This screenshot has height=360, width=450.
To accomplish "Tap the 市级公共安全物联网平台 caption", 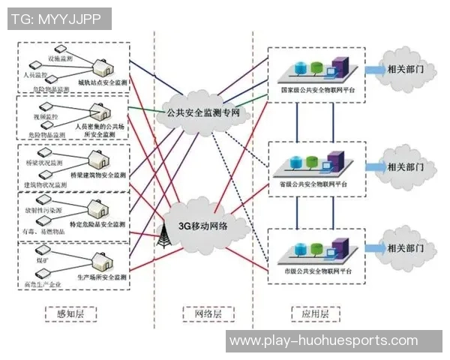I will (316, 268).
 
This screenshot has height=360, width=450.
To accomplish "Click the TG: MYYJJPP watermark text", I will (56, 19).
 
